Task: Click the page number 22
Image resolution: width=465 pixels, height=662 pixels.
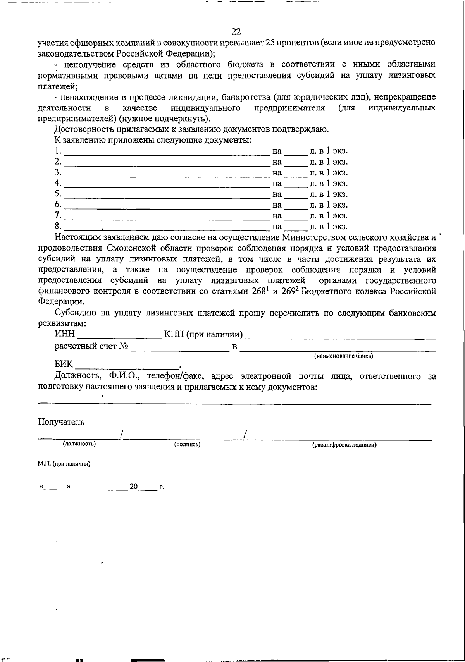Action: click(236, 31)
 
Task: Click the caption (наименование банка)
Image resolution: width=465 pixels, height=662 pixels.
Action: click(343, 356)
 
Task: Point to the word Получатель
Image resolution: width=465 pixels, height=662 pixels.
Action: click(61, 422)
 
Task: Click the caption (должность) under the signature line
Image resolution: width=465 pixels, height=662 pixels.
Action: click(79, 444)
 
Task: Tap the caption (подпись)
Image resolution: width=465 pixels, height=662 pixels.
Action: click(187, 444)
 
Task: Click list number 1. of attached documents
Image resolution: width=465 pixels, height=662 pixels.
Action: click(58, 150)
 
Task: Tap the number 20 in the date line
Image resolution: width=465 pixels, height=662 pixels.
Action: click(134, 487)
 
